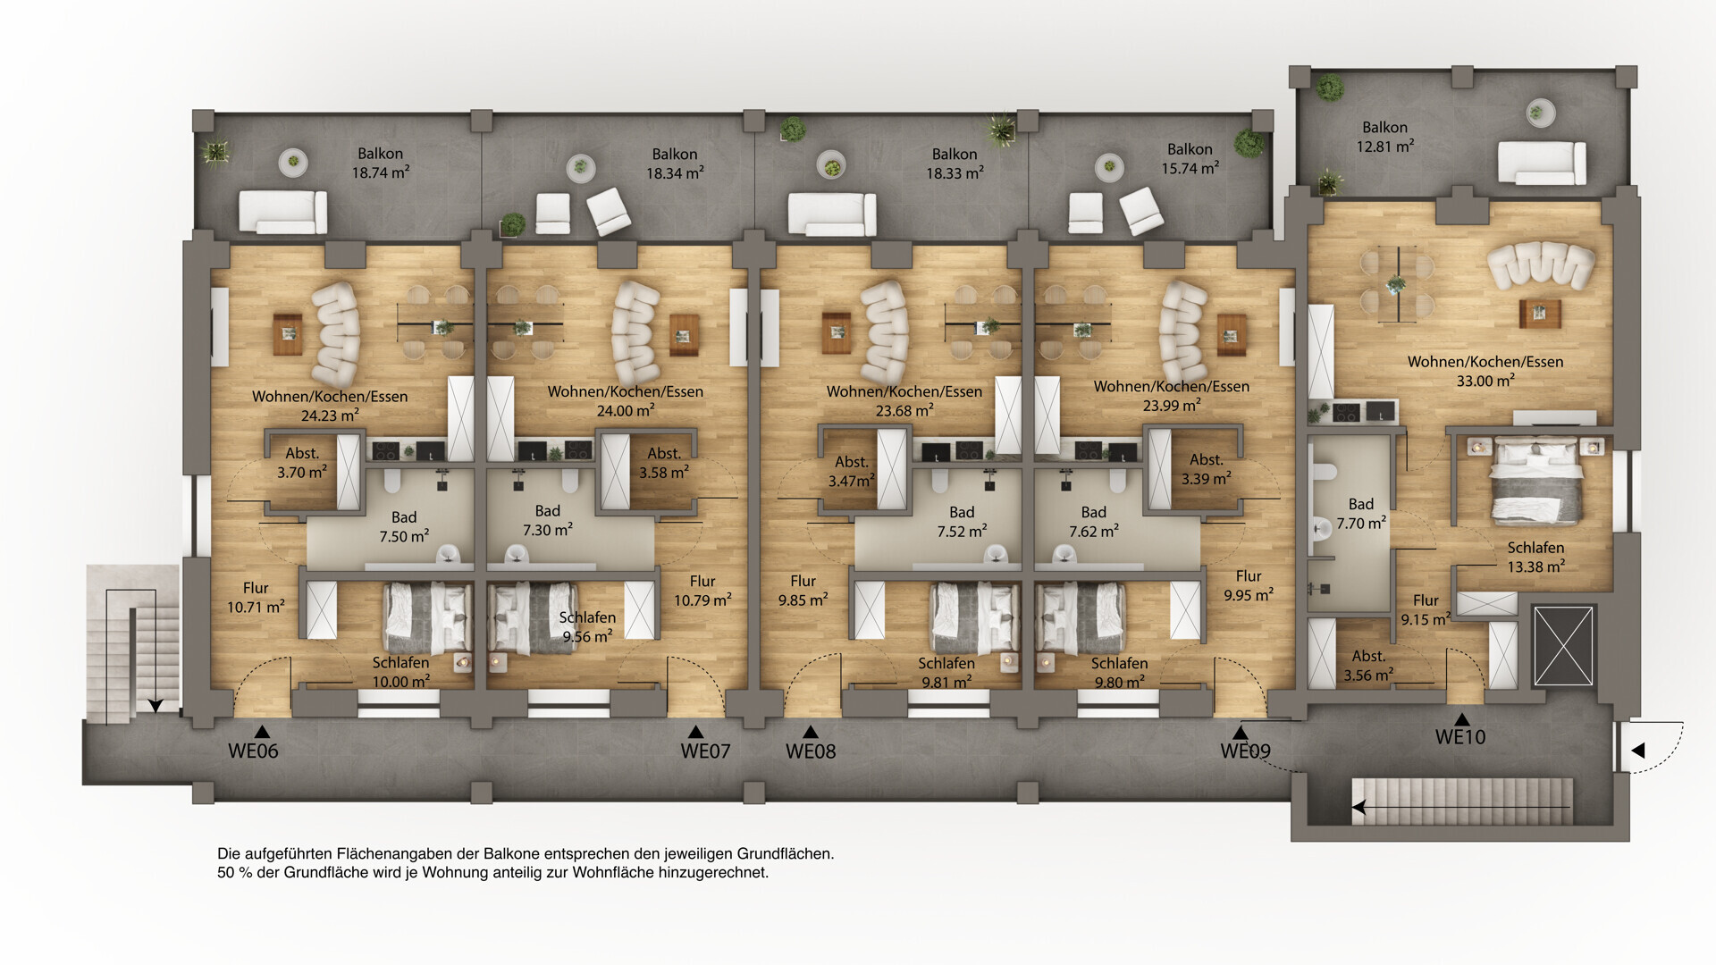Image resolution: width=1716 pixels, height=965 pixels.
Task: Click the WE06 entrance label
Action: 253,751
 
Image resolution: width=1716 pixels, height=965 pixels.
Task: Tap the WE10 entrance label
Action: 1460,737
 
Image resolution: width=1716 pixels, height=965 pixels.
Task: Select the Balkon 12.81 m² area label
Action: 1385,137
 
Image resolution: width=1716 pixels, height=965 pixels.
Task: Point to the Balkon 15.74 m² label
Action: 1190,159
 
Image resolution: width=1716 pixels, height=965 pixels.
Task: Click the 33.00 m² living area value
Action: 1485,381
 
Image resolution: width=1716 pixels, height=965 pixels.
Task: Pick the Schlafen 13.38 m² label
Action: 1535,557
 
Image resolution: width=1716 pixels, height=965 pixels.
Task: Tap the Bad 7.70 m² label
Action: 1361,514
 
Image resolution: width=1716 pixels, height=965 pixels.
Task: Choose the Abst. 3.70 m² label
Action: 302,463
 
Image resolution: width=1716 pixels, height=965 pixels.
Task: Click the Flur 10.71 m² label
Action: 256,597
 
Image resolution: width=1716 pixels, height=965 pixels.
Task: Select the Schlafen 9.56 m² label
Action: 587,626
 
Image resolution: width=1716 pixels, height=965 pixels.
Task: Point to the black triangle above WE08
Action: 810,732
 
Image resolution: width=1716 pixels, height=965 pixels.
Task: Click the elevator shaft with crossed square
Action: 1563,646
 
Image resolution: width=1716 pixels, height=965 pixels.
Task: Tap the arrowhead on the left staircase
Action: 156,706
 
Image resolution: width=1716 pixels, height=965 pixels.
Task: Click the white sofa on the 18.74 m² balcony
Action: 282,212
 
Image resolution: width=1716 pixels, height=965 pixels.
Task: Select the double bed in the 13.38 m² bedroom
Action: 1536,480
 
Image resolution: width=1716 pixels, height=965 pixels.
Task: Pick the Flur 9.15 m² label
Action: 1426,609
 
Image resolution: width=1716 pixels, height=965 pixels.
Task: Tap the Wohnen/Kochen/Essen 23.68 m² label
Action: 904,400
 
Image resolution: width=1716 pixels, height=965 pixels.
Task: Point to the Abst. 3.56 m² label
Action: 1368,666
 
